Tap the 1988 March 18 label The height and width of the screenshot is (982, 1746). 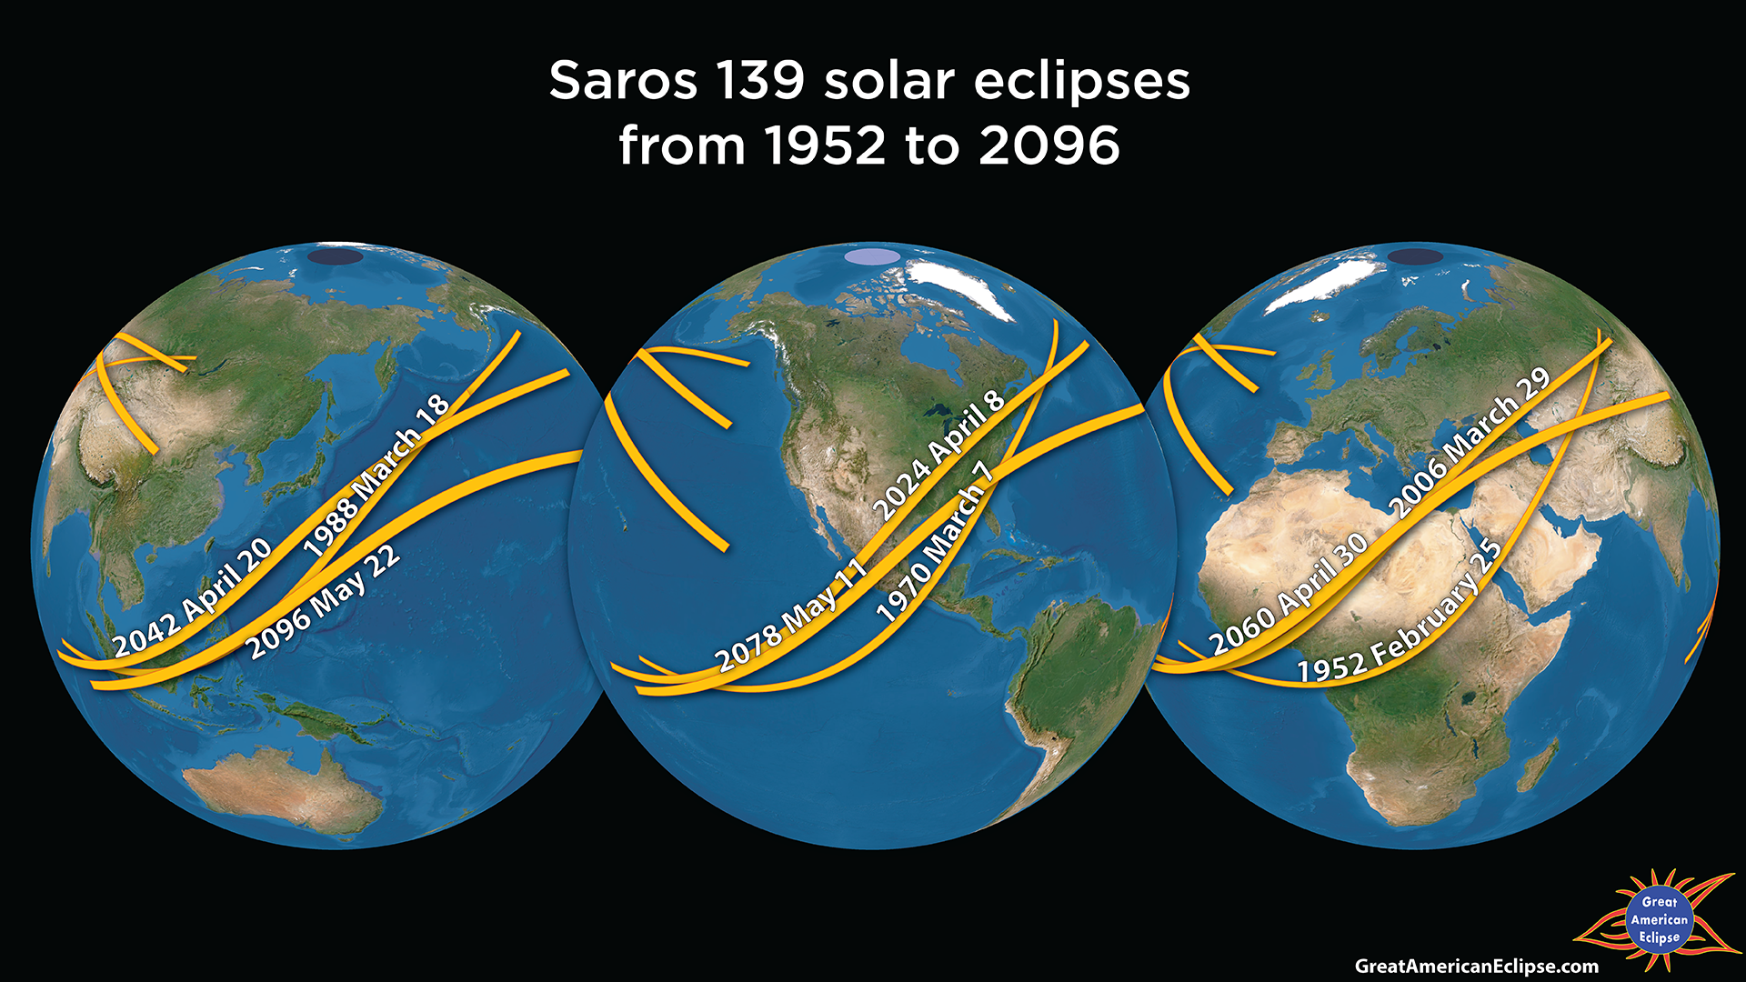click(x=376, y=476)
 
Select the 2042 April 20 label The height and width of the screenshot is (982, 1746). click(x=192, y=597)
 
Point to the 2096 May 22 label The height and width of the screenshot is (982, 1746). click(x=323, y=602)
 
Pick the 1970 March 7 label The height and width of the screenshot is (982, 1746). click(x=934, y=541)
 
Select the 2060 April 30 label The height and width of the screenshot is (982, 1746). click(x=1289, y=594)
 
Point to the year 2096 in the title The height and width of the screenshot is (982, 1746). click(x=1049, y=145)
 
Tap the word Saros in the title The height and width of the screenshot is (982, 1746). click(x=623, y=81)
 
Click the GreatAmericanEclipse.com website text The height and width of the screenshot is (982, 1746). click(x=1476, y=966)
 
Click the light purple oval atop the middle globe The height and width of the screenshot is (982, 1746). click(x=872, y=256)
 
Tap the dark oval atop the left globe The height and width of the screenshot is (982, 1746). click(x=335, y=256)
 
